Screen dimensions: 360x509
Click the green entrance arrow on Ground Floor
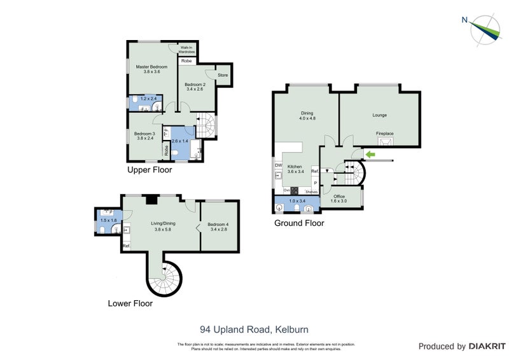click(369, 154)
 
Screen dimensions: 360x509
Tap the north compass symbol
click(484, 29)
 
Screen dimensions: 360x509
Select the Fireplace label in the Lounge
click(384, 134)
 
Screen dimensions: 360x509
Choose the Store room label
click(223, 76)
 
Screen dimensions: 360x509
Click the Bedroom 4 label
click(218, 224)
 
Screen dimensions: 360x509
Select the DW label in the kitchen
click(278, 166)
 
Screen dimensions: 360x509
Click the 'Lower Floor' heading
click(130, 303)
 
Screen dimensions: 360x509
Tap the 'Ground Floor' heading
click(299, 223)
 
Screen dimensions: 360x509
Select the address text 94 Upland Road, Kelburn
click(254, 329)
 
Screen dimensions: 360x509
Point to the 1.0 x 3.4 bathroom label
click(297, 202)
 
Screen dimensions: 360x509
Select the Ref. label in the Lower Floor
click(125, 246)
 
